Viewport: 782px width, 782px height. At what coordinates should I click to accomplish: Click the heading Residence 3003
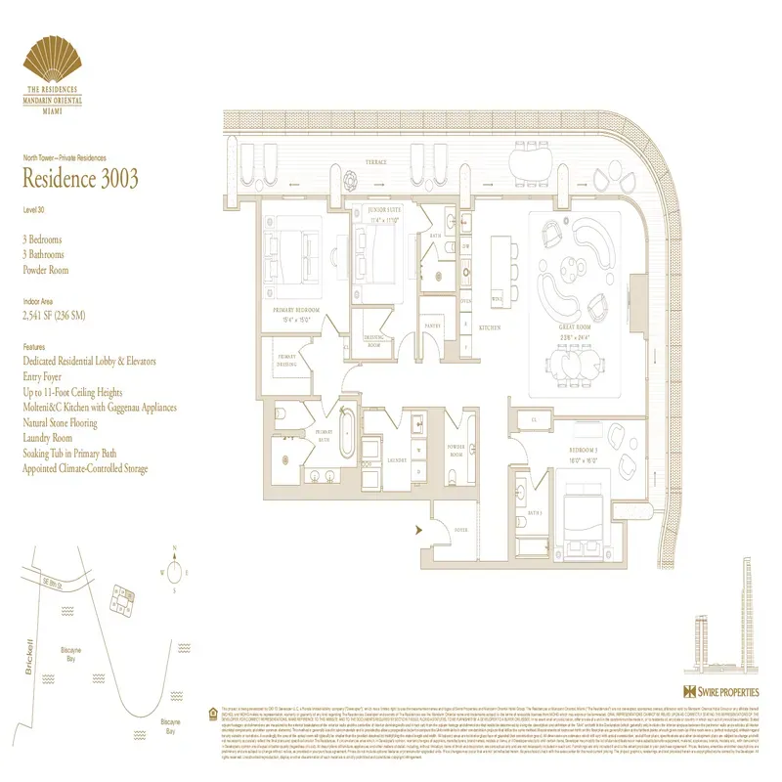point(80,179)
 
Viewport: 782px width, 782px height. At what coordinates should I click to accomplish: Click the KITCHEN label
point(489,327)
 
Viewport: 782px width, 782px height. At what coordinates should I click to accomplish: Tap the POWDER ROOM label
point(456,454)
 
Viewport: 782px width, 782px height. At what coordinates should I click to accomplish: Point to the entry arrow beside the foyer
point(419,529)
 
